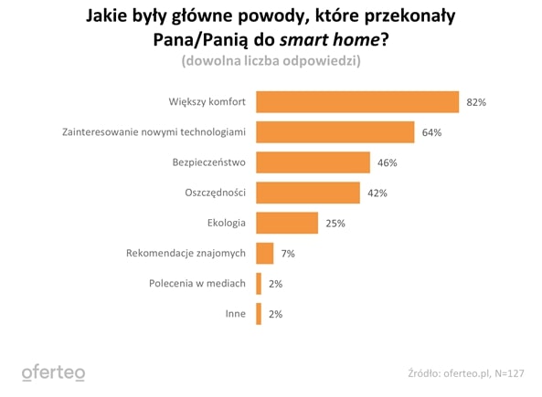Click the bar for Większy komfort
(356, 102)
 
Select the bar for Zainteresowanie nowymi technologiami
(335, 132)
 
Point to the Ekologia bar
(287, 223)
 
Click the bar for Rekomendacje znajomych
(265, 253)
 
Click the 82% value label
(475, 103)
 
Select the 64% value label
(431, 133)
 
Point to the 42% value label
(377, 193)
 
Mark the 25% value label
(334, 224)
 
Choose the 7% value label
(287, 254)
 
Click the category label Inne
(235, 314)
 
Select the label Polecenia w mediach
(197, 284)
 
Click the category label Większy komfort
(207, 103)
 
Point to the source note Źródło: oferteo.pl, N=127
(465, 372)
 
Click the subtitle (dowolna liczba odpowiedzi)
(271, 61)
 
